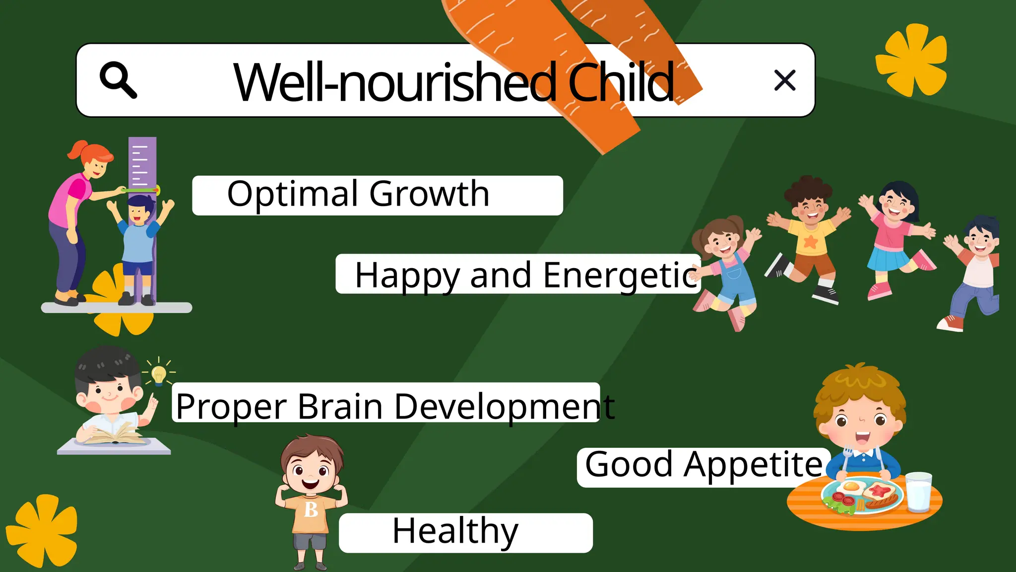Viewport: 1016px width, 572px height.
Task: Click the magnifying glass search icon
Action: pos(118,79)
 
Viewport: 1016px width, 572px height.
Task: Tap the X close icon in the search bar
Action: pos(784,80)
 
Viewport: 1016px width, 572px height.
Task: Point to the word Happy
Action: pos(407,276)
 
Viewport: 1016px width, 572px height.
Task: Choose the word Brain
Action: pos(340,407)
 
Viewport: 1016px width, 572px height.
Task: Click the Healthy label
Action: pos(455,531)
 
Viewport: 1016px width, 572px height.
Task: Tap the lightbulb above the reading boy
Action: pos(159,374)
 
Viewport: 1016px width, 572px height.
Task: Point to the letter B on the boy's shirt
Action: pos(311,509)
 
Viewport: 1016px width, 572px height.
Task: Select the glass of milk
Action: pos(918,492)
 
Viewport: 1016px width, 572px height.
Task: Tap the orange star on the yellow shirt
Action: pos(810,242)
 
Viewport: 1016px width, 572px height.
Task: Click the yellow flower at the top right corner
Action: pos(912,60)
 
